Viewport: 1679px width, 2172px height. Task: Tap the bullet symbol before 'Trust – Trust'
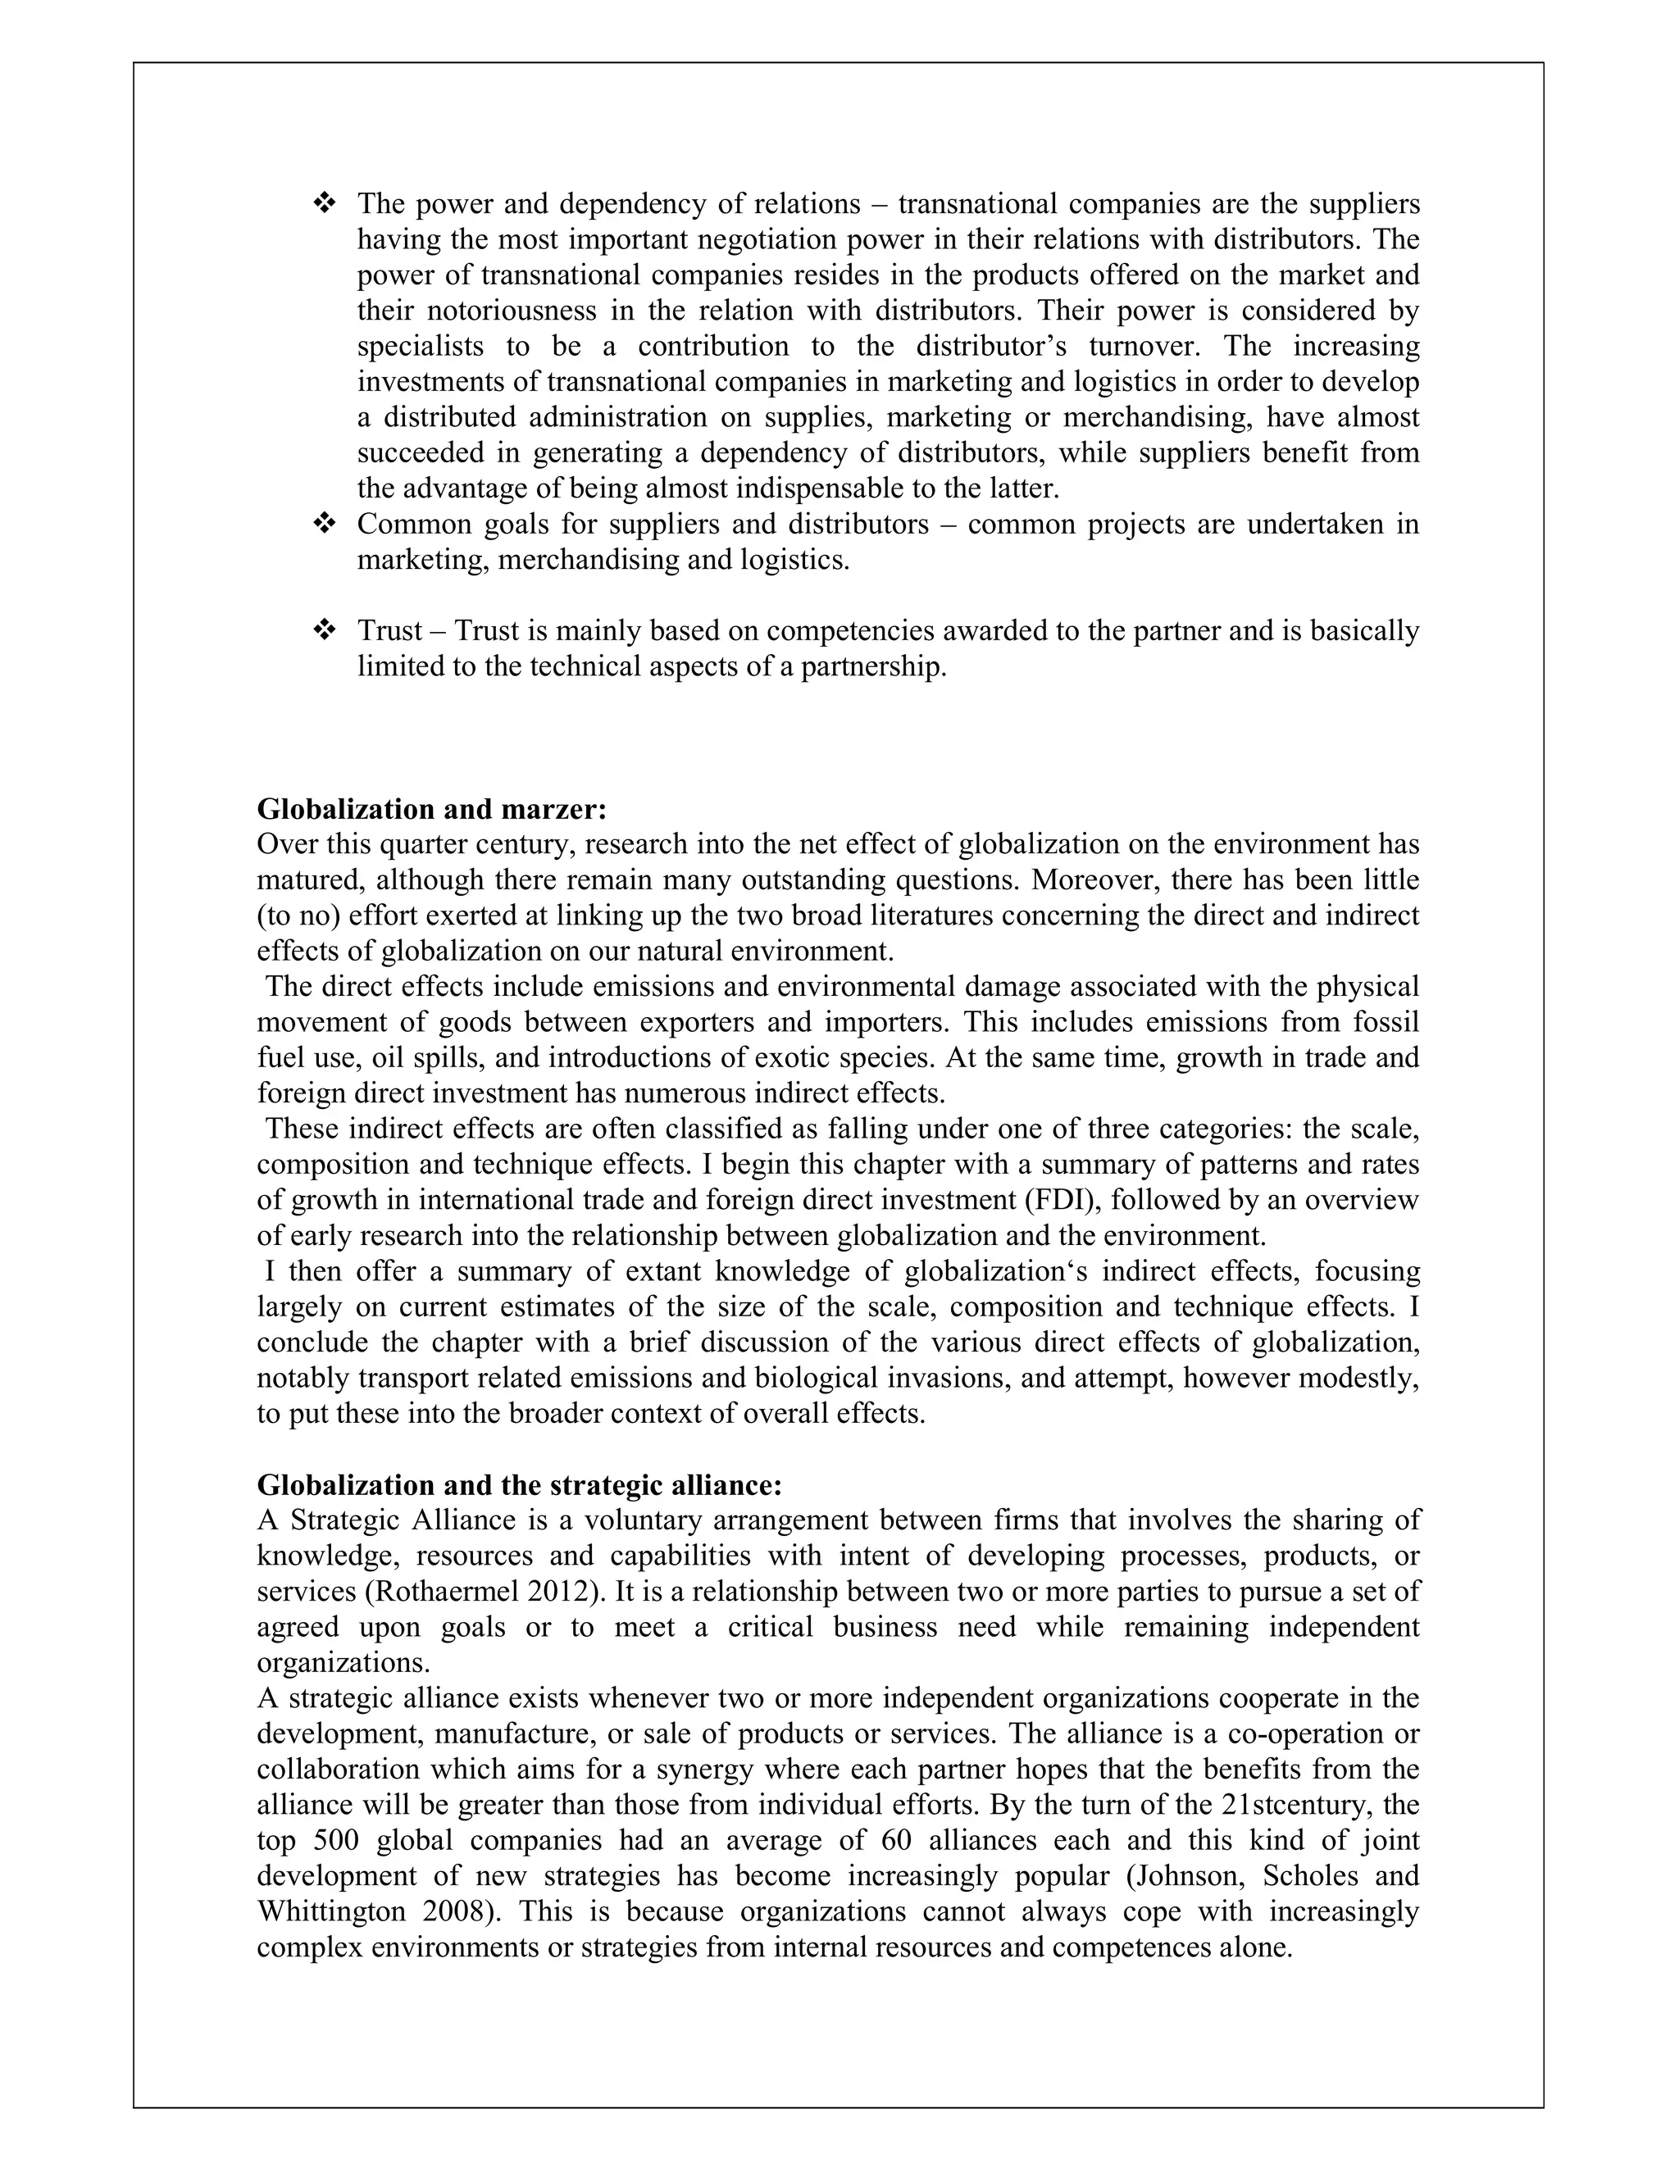tap(325, 629)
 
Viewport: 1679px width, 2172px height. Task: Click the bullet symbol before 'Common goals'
tap(325, 523)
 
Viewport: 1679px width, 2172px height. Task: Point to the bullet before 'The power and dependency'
tap(325, 204)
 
